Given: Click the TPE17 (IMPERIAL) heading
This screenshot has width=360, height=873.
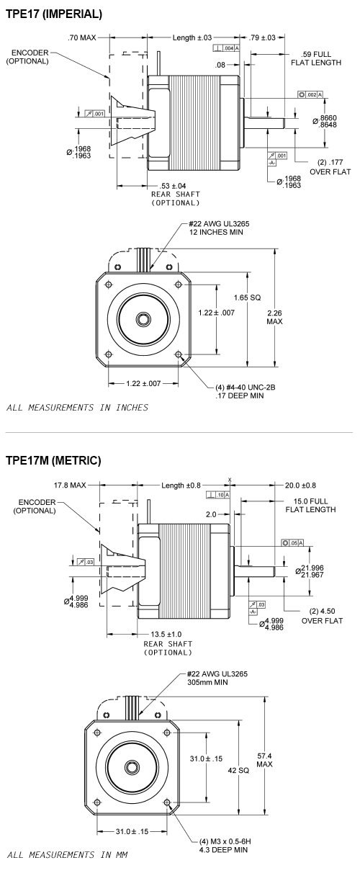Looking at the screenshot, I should tap(53, 14).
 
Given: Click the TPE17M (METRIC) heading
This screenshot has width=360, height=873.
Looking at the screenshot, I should tap(53, 460).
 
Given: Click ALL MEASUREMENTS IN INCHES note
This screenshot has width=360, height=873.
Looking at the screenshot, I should tap(77, 408).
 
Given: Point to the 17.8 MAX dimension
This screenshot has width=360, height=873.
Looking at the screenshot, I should tap(69, 485).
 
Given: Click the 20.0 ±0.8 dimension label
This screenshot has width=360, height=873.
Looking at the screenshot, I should tap(296, 485).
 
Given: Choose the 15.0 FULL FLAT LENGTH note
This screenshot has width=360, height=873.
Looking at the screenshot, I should tap(313, 505).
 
